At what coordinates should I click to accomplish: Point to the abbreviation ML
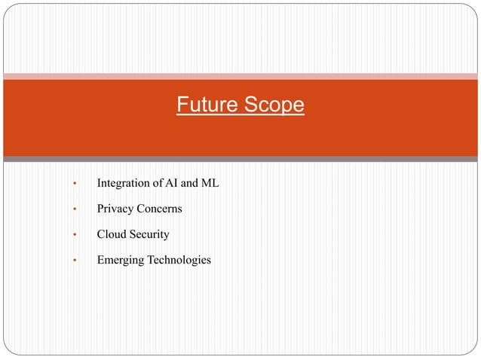pos(210,182)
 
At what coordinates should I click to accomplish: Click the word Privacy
pos(115,208)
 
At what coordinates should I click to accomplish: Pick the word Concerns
pos(159,208)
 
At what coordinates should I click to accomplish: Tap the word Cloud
pos(112,234)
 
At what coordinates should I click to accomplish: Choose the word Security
pos(150,234)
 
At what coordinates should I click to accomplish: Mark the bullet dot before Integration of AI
pos(74,183)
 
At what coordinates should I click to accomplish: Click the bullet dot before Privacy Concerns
pos(74,209)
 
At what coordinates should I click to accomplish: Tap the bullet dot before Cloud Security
pos(74,235)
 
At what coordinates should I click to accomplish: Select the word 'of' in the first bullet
pos(160,182)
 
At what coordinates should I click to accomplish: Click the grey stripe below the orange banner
pos(240,159)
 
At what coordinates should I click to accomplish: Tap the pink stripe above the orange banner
pos(240,76)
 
